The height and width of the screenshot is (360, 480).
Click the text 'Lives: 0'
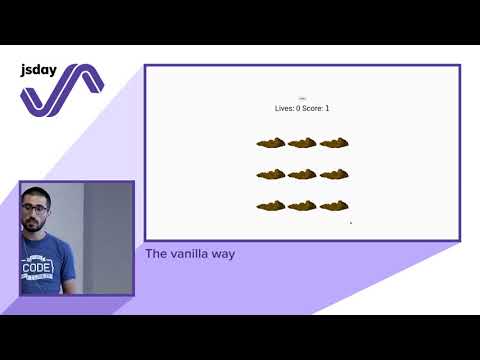288,108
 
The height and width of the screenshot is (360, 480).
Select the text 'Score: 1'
316,108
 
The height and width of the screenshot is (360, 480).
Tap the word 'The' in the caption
156,254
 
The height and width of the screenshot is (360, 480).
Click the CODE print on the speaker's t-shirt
37,268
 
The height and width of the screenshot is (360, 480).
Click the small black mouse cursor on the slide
351,223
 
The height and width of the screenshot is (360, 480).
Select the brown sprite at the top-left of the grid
271,143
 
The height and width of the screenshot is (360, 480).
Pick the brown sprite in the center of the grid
302,174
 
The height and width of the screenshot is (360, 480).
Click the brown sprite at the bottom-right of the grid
334,206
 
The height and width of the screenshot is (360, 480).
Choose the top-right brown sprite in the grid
334,143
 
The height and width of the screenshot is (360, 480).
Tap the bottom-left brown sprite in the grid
271,206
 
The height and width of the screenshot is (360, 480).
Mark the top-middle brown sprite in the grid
302,143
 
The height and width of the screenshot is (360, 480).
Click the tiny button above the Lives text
302,98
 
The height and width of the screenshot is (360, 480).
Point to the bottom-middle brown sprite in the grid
302,206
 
